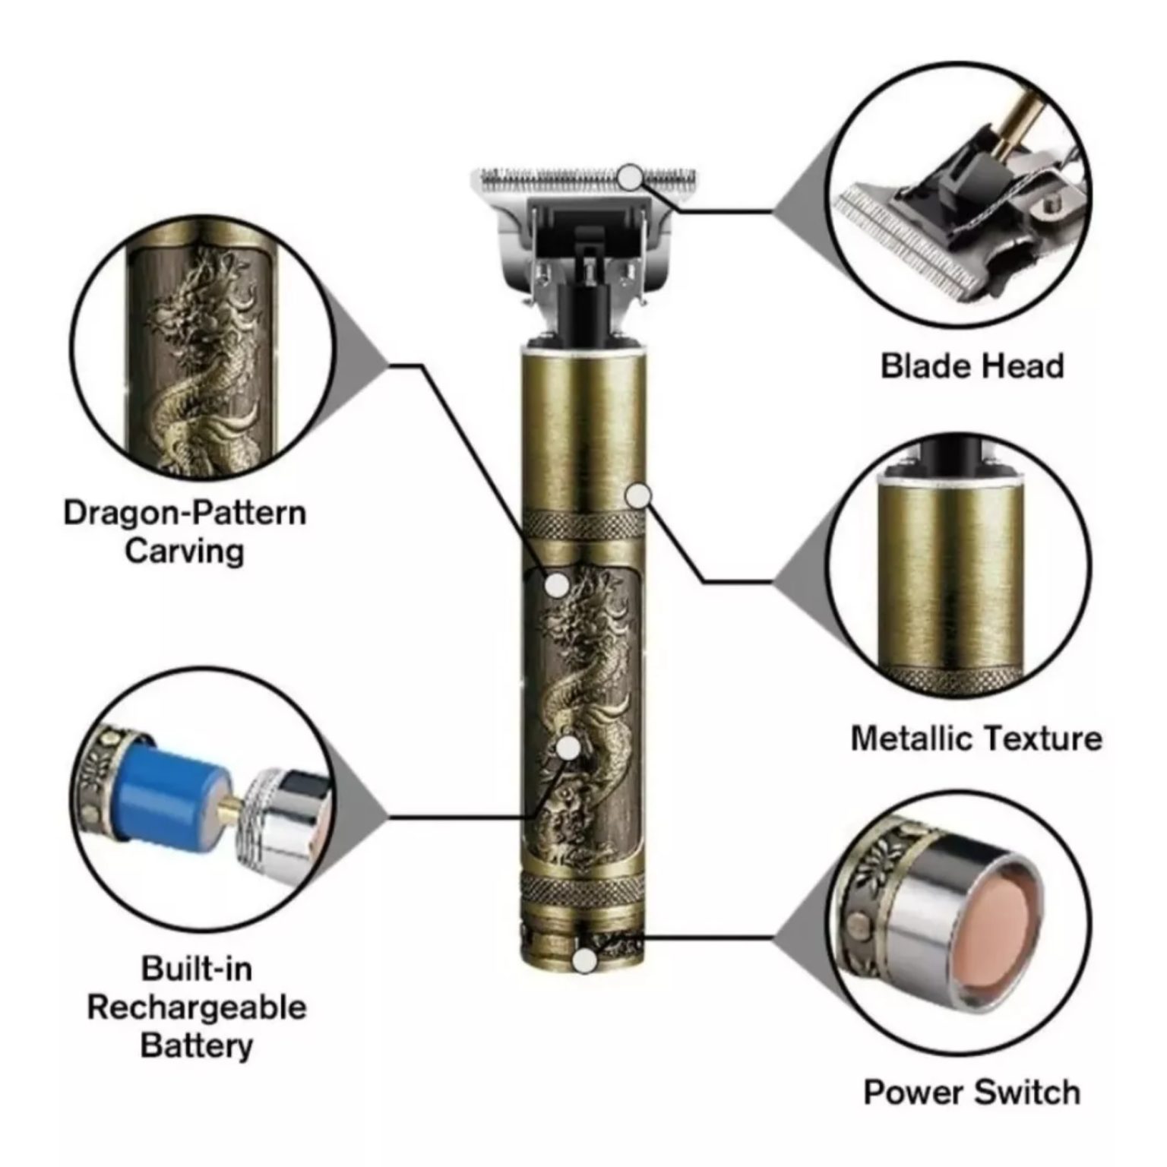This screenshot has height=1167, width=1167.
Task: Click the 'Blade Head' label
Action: click(x=972, y=366)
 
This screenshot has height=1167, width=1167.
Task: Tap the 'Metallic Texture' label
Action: click(x=976, y=738)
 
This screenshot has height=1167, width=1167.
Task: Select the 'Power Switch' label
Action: click(x=972, y=1093)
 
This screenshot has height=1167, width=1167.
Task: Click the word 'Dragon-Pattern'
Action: click(x=185, y=513)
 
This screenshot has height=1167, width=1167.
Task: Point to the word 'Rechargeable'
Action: click(x=197, y=1007)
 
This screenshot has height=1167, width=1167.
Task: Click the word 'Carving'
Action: click(x=185, y=551)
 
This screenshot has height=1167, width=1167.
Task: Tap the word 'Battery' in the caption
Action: click(x=197, y=1045)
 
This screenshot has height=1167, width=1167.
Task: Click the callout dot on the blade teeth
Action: click(x=630, y=177)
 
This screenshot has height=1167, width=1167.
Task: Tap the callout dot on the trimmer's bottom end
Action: click(x=583, y=962)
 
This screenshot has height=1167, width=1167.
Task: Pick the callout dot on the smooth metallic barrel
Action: click(x=639, y=496)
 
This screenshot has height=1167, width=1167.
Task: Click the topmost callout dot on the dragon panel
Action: click(x=558, y=584)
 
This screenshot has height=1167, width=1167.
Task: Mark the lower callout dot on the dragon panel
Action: click(x=568, y=748)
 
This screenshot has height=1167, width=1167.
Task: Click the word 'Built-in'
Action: click(x=197, y=969)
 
